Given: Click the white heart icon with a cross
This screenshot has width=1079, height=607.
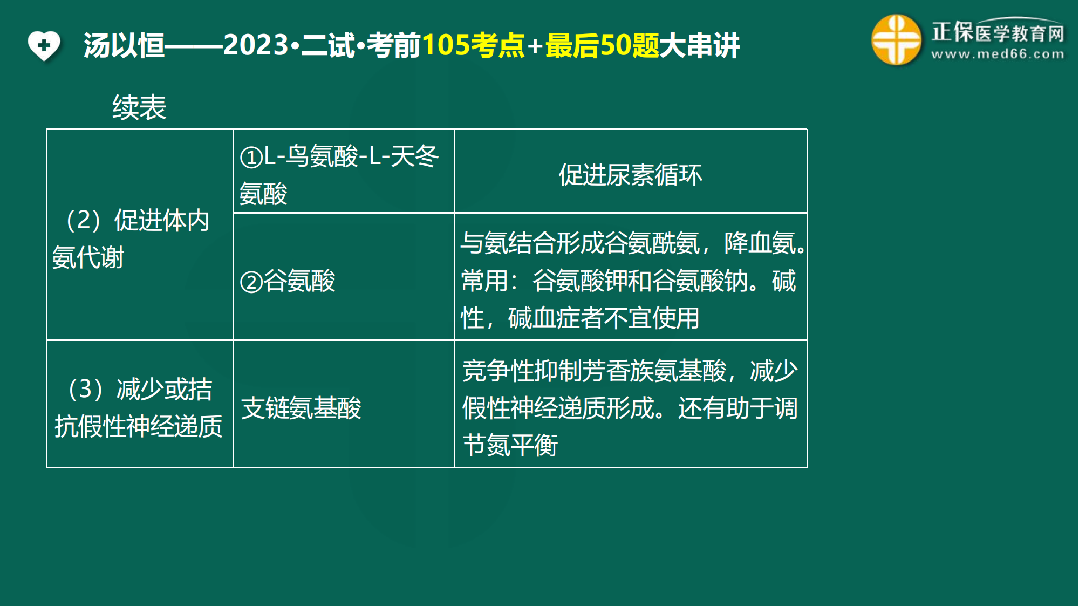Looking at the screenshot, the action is tap(44, 46).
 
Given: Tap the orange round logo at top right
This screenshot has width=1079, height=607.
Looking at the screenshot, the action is tap(896, 40).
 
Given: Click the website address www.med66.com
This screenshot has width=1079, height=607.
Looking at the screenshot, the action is tap(998, 54).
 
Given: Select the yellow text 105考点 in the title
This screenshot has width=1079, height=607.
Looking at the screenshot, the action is tap(473, 45).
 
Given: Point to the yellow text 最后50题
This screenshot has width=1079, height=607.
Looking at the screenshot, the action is tap(602, 45).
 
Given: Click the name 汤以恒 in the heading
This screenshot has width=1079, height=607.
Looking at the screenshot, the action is tap(124, 45).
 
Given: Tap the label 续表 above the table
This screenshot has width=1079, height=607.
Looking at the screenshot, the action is tap(139, 107).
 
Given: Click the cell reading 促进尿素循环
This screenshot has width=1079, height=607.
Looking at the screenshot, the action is tap(630, 175).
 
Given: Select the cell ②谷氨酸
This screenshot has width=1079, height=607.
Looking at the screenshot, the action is tap(288, 281).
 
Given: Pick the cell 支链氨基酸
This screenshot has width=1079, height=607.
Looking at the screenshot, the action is tap(301, 408).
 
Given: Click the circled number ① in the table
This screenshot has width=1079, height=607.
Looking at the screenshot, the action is tap(251, 158).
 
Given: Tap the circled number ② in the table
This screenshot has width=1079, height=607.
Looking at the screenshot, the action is tap(251, 282).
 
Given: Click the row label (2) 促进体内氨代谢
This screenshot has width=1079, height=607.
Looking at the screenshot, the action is tap(131, 238).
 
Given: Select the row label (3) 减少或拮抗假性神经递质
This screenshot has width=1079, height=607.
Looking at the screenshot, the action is tap(138, 407).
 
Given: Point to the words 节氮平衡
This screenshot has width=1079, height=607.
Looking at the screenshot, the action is tap(510, 446).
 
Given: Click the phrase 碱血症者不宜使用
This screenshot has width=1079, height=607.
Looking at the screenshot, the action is tap(604, 318).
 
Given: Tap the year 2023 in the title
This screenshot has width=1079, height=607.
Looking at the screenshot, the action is tap(256, 45).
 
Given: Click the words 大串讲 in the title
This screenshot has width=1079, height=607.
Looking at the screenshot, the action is tap(700, 45).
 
